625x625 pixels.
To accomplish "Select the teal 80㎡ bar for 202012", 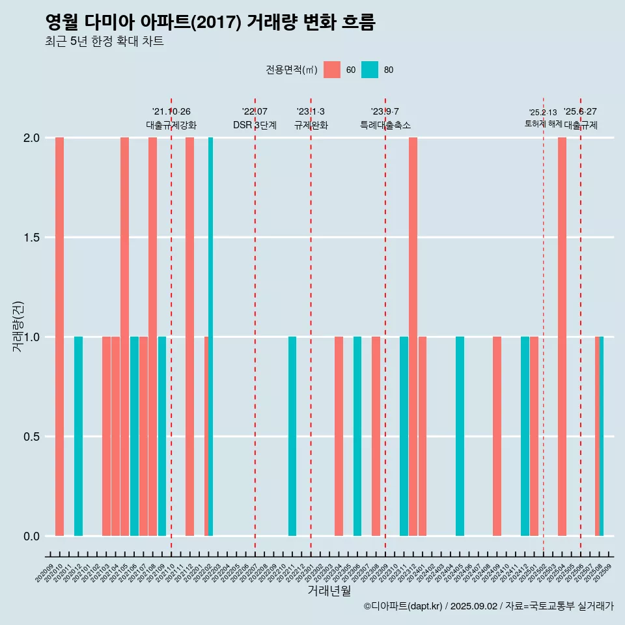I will point(78,436).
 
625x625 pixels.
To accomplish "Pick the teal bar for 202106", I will point(134,436).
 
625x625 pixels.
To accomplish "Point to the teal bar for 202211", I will point(292,436).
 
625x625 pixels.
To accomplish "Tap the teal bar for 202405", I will point(460,436).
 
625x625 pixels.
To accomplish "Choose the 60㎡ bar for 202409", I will point(497,436).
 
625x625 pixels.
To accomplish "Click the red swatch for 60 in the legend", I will point(332,70).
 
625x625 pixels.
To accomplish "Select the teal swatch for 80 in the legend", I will point(370,70).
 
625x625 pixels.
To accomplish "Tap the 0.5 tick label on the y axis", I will point(32,437).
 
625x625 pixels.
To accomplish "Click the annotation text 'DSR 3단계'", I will point(255,125).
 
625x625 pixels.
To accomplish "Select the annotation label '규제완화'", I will point(311,125).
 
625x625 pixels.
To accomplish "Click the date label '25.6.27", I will point(580,112).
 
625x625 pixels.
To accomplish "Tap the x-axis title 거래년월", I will point(329,590).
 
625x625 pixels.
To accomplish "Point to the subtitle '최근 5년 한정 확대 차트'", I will point(104,42).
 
